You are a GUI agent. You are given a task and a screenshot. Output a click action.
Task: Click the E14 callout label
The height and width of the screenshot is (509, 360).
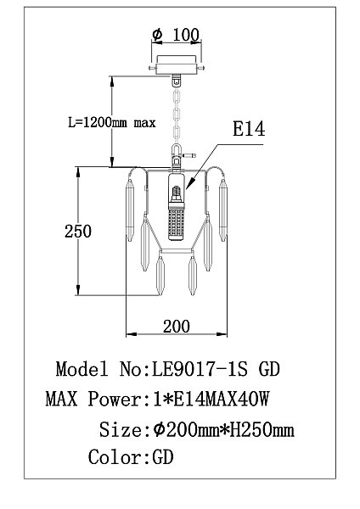pos(249,129)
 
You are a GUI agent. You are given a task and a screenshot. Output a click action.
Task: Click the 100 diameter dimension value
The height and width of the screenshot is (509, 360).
pos(186,35)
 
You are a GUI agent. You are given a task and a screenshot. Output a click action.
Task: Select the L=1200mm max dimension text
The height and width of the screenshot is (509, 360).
pos(112,123)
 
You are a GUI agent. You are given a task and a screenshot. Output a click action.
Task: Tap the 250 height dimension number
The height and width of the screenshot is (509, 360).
pos(78,232)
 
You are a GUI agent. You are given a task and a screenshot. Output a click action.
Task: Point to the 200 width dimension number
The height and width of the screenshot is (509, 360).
pos(177,327)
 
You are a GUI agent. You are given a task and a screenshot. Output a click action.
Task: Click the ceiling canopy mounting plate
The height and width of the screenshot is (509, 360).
pos(177,65)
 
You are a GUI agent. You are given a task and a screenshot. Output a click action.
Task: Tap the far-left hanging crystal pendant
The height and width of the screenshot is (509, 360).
pos(130,211)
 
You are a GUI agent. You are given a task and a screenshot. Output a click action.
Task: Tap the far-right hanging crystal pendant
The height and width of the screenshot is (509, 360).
pos(223,210)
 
